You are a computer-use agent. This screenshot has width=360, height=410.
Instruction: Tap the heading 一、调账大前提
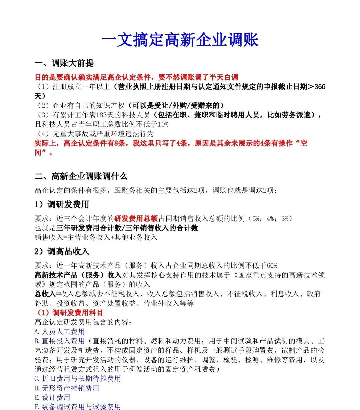coord(64,63)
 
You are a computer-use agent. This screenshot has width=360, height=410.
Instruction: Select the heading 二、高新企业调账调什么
coord(81,176)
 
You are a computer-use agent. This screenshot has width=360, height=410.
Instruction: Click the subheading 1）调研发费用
coord(62,204)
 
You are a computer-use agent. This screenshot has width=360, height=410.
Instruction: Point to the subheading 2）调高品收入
coord(62,251)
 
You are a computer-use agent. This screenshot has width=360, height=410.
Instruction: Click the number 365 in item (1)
coord(320,87)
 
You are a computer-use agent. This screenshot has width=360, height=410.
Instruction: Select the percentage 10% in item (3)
coord(163,124)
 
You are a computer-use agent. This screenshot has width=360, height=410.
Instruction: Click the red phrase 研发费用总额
coord(136,218)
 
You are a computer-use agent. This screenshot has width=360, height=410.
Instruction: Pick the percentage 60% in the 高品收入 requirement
coord(272,265)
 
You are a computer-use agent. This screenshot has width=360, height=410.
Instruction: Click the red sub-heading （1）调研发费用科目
coord(69,313)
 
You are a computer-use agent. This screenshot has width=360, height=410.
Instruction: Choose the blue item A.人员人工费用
coord(60,332)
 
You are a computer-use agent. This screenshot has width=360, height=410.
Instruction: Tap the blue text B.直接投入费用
coord(60,341)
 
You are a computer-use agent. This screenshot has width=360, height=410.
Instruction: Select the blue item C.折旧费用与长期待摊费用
coord(78,379)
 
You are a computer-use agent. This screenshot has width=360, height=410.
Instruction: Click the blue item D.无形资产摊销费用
coord(67,388)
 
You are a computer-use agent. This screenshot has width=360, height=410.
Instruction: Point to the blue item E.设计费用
coord(52,397)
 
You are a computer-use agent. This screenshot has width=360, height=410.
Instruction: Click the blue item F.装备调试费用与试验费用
coord(78,406)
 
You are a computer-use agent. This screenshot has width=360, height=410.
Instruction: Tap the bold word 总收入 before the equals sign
coord(45,294)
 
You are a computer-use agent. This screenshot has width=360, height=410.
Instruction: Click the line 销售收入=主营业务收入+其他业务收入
coord(96,237)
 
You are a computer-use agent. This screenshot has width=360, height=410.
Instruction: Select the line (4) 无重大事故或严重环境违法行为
coord(95,134)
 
